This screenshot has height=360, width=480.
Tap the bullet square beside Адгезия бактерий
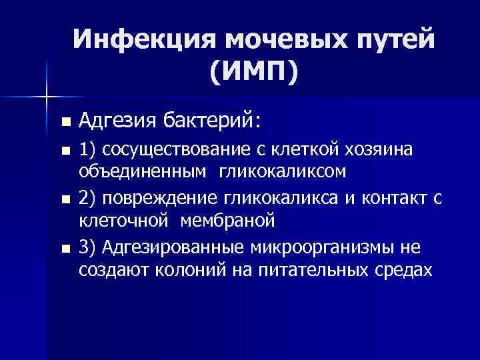pyautogui.click(x=65, y=123)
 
